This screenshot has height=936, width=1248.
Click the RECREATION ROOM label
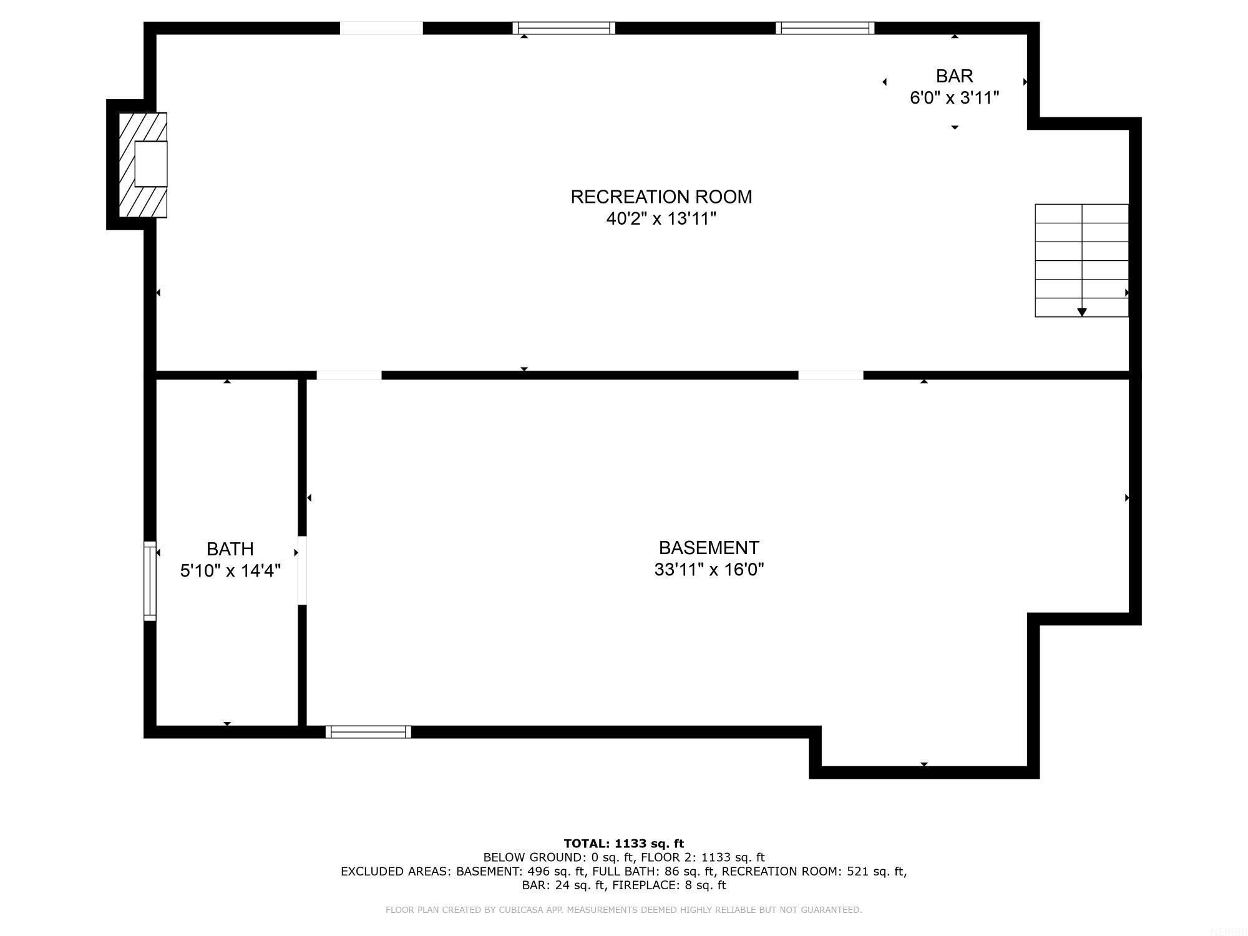[661, 197]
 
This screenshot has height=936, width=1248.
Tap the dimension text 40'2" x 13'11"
[661, 219]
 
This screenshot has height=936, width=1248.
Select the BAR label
[954, 76]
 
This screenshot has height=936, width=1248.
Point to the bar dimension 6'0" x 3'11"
[954, 98]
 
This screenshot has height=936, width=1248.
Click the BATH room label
[230, 549]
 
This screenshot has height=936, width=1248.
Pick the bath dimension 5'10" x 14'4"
[230, 571]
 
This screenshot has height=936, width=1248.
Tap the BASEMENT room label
[709, 548]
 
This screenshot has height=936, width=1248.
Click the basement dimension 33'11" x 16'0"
[709, 570]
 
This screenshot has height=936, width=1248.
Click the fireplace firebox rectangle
[151, 164]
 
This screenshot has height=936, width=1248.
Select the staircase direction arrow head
[1082, 312]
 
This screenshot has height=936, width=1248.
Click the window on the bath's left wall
[150, 581]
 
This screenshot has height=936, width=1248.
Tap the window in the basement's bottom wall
[368, 732]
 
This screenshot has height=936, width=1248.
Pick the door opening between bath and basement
[302, 570]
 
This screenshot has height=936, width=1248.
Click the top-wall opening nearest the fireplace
[381, 28]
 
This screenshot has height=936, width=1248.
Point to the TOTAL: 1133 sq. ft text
[623, 844]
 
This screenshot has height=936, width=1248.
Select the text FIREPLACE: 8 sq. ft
[669, 885]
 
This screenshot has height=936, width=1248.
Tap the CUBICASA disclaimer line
[623, 910]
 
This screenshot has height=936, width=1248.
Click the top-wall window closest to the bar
[825, 28]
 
